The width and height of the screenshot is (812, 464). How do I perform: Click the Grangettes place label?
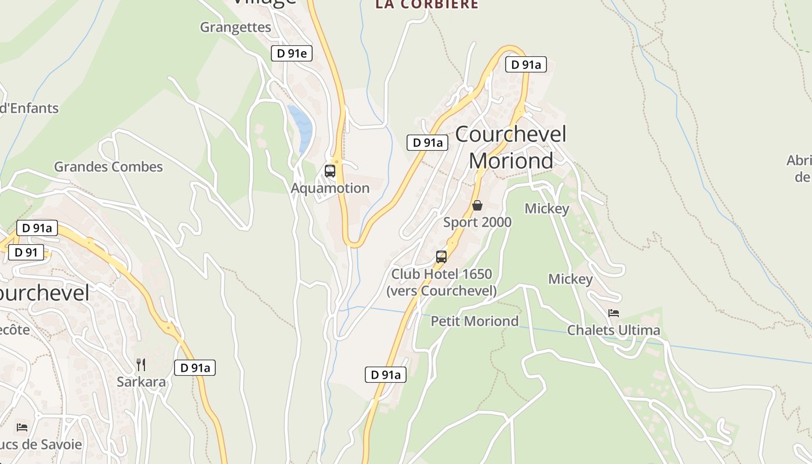[x=235, y=27]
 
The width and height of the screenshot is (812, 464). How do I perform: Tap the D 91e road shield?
[x=292, y=54]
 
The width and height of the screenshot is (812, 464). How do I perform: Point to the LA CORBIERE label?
[x=427, y=5]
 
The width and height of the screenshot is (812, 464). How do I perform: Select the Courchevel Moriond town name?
[x=510, y=147]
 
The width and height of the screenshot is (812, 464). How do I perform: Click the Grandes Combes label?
[x=108, y=167]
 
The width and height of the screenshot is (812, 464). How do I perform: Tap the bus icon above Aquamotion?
[x=330, y=171]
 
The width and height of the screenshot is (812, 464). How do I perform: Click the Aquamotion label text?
[x=330, y=188]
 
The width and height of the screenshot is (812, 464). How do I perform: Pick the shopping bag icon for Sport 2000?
[x=477, y=205]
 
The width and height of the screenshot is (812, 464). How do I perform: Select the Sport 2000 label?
[x=477, y=222]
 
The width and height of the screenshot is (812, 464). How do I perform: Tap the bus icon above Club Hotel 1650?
[x=441, y=257]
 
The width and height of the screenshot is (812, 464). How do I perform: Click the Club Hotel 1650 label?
[x=441, y=274]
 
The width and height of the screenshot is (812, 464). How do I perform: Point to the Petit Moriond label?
[x=474, y=321]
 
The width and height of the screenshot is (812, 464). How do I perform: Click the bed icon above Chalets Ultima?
[x=614, y=313]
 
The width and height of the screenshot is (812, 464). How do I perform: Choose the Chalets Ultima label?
[x=614, y=331]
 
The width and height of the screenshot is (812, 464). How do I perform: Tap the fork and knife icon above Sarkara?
[x=141, y=365]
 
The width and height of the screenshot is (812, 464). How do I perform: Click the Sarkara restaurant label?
[x=141, y=382]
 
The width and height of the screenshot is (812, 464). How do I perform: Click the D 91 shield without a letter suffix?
[x=26, y=252]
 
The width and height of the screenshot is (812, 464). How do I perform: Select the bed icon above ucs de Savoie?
[x=22, y=427]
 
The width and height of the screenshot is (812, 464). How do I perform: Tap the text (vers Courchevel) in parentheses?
[x=441, y=291]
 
